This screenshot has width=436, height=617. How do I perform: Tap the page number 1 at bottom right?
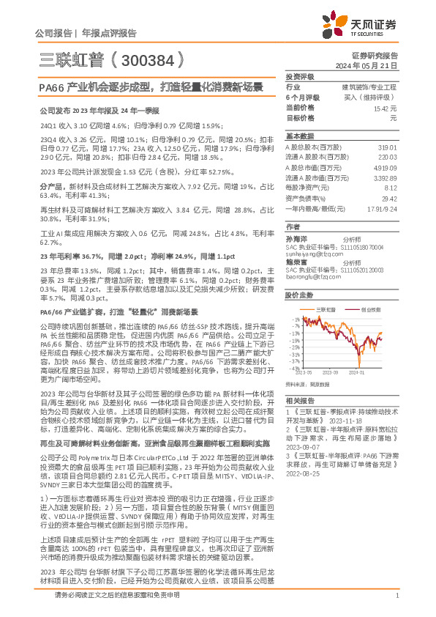[396, 596]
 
